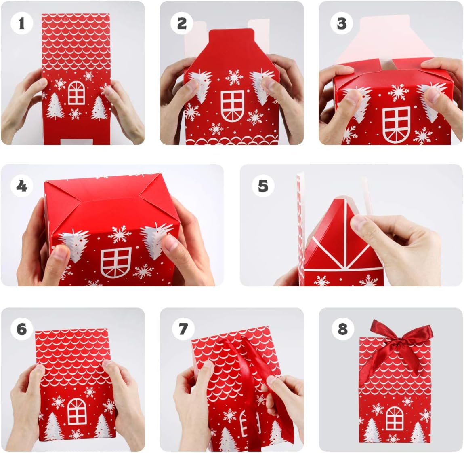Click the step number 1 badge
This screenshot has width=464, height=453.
point(21,23)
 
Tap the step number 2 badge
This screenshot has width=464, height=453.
point(182,23)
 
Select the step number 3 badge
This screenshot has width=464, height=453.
point(342,23)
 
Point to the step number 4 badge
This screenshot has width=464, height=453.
point(21,186)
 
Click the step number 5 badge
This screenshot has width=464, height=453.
point(263,186)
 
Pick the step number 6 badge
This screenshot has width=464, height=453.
point(21,329)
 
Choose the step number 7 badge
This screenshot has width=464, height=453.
point(183,329)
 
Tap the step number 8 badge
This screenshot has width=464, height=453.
point(343,329)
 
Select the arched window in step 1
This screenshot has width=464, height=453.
point(76,93)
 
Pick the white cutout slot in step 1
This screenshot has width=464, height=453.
point(73,142)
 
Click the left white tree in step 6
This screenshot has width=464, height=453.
point(54,426)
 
